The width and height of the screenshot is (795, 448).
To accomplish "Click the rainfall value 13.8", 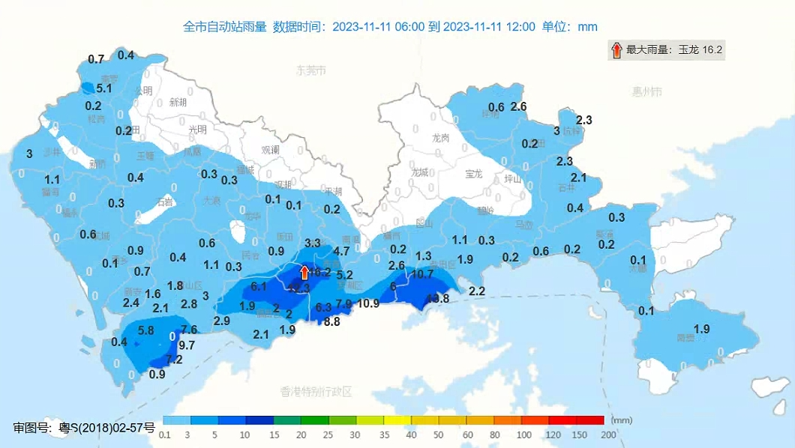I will click(437, 298).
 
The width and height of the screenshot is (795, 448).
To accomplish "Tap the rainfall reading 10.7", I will click(422, 274).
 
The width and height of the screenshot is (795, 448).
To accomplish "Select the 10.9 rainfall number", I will click(367, 303).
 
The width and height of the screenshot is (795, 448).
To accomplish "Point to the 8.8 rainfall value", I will click(331, 321).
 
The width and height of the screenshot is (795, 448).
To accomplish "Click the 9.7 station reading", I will click(187, 345).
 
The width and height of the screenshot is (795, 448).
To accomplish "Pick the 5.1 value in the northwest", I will click(104, 88).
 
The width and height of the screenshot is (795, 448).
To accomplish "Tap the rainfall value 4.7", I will click(341, 251).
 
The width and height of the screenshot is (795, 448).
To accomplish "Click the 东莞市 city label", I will click(311, 71).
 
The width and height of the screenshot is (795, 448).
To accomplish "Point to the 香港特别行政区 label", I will click(316, 391).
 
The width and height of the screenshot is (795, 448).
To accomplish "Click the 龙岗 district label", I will click(440, 139).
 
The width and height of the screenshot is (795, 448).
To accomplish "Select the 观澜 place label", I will click(270, 150).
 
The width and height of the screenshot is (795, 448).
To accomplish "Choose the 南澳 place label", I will click(685, 338).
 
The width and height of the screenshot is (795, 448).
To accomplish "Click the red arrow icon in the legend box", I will click(616, 50).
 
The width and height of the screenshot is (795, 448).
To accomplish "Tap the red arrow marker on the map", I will click(304, 272).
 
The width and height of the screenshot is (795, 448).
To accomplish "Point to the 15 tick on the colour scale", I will click(274, 435).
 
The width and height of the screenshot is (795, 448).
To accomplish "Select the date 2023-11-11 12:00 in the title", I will click(489, 27).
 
